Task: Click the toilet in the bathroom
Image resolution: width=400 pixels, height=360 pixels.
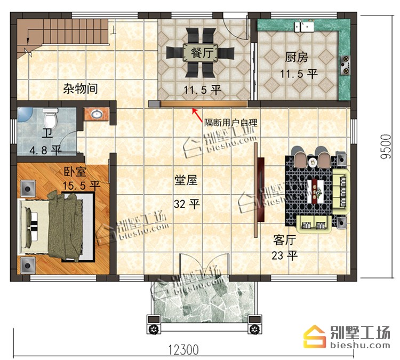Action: (50, 118)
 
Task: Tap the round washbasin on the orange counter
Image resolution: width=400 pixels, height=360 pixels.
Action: (97, 114)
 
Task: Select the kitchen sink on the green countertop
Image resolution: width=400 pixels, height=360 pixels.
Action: (304, 27)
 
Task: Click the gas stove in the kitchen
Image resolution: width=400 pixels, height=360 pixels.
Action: (345, 66)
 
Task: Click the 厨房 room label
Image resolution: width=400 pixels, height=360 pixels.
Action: (297, 58)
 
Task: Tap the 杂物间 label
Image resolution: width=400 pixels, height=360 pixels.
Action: (81, 89)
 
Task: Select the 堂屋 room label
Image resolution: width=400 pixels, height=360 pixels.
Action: (186, 180)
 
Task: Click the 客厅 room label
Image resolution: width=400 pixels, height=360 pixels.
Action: (284, 240)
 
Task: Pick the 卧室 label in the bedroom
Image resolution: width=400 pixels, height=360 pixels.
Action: (75, 172)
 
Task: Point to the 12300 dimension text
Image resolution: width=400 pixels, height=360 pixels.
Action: (183, 350)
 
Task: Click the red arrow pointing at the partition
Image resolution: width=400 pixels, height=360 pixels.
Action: (197, 115)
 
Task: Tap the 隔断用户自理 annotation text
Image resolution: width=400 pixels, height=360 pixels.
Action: (230, 123)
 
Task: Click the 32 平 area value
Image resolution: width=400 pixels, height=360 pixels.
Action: (187, 204)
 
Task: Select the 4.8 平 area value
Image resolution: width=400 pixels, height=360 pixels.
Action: (45, 150)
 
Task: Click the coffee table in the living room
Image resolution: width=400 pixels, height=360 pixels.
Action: (317, 191)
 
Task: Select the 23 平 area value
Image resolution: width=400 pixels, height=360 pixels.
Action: (284, 255)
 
